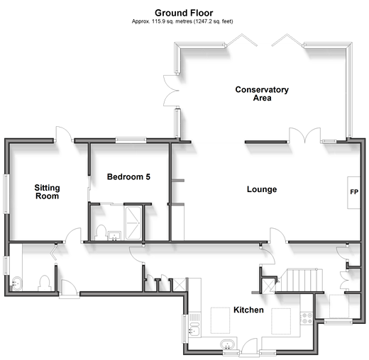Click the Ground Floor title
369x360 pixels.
(x=184, y=13)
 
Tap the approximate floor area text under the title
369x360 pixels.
(x=182, y=21)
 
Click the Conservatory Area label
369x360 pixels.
(x=262, y=94)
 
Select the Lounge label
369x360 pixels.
(x=262, y=189)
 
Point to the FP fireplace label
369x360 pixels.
(x=354, y=192)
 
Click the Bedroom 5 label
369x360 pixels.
(x=128, y=176)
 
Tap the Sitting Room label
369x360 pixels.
(x=47, y=192)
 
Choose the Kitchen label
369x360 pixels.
(x=248, y=310)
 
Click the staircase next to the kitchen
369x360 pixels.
(x=299, y=280)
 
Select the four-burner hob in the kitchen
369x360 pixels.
(x=307, y=318)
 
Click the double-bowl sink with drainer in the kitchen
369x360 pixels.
(x=194, y=324)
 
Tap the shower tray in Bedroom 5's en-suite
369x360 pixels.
(x=133, y=223)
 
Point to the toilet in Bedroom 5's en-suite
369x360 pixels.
(x=101, y=232)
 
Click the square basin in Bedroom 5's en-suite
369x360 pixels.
(x=114, y=236)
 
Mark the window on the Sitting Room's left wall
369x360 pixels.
(x=6, y=194)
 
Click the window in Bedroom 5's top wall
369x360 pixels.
(x=131, y=140)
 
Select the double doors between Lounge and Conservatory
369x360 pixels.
(x=305, y=135)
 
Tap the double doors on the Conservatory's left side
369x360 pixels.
(x=171, y=90)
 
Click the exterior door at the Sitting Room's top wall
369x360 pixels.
(x=64, y=134)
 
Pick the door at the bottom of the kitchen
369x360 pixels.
(x=250, y=347)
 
